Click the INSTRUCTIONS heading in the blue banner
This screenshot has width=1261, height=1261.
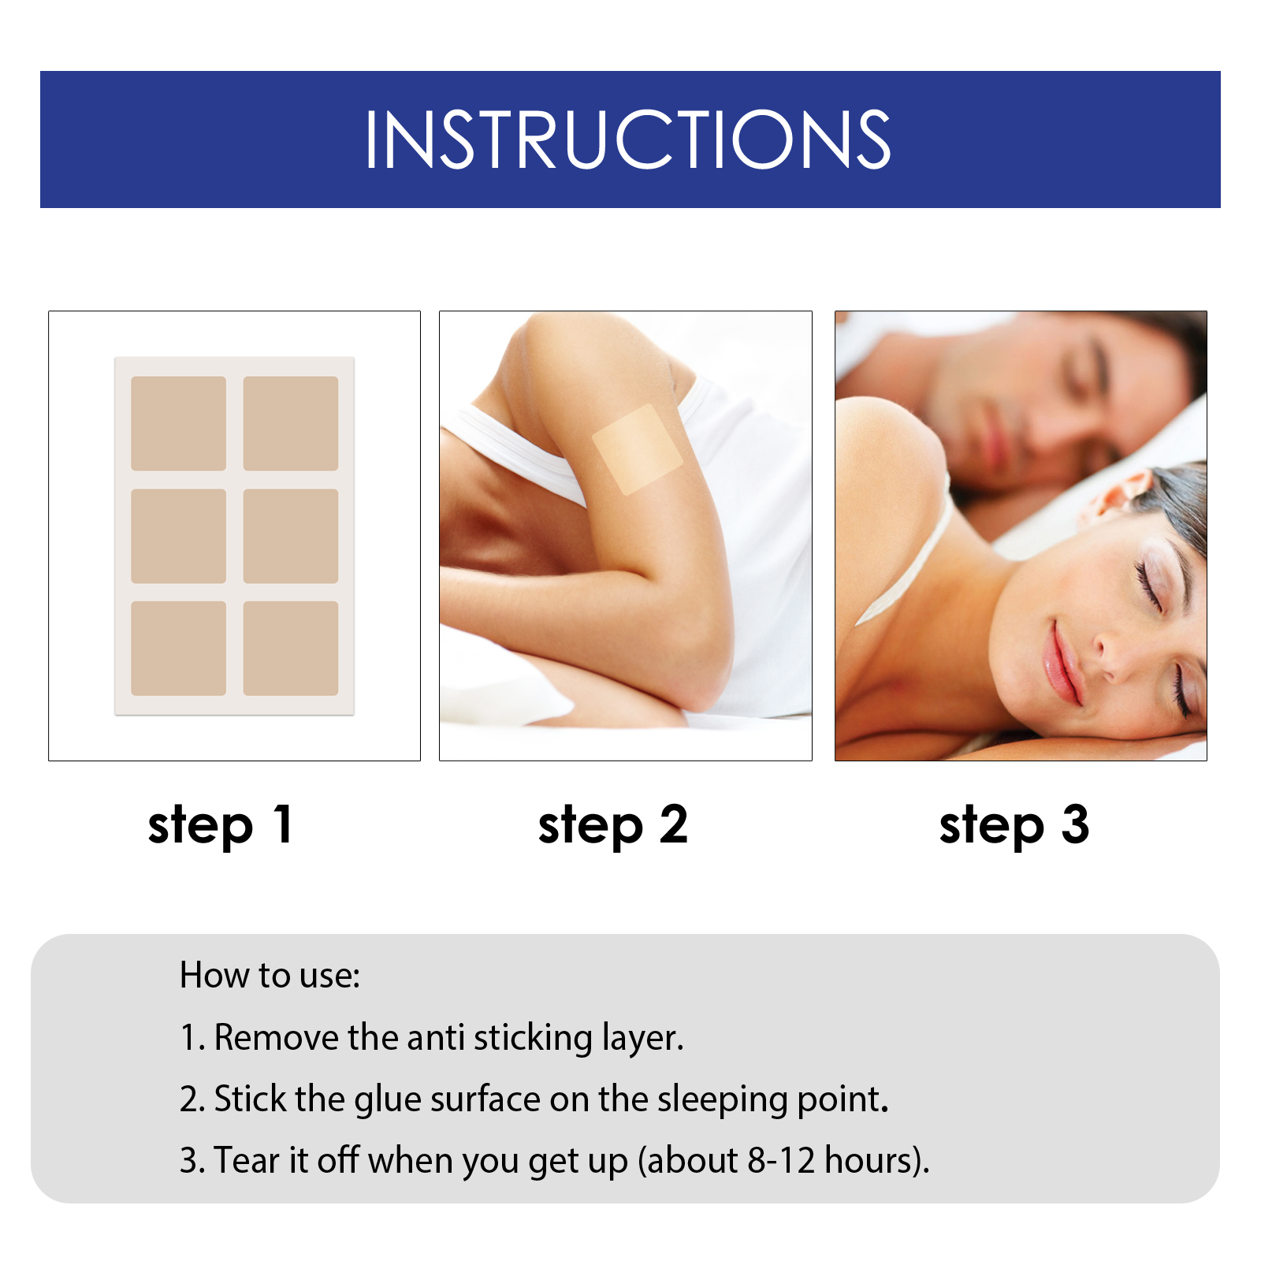tap(627, 139)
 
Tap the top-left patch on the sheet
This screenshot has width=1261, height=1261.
tap(178, 423)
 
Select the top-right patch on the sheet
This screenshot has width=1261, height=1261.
tap(291, 423)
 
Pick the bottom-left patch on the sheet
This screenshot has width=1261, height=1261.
tap(178, 649)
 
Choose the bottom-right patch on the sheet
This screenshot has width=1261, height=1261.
tap(291, 649)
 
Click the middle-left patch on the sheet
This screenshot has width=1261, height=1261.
tap(178, 536)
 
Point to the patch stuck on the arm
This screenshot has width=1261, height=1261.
tap(637, 450)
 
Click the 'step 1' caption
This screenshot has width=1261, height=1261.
tap(221, 825)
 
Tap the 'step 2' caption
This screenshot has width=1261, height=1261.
tap(613, 825)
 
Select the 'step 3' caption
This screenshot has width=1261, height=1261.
tap(1014, 825)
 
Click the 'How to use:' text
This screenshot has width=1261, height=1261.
tap(270, 976)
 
